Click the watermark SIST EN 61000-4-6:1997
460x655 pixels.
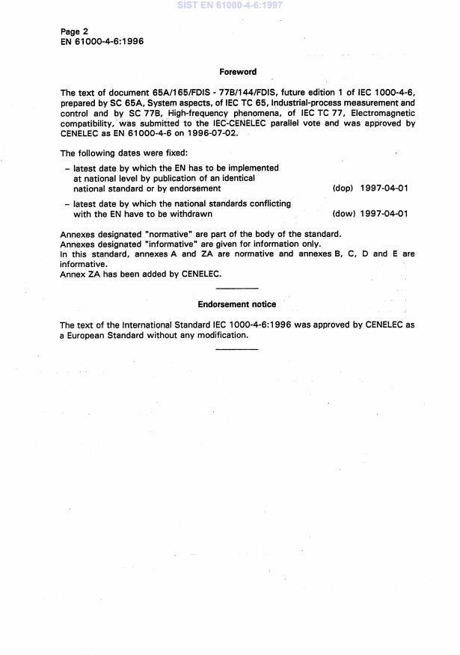point(230,5)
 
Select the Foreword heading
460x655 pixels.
point(237,73)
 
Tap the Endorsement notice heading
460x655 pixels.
point(236,304)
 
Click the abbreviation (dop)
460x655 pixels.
point(343,188)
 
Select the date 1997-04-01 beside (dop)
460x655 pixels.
point(384,188)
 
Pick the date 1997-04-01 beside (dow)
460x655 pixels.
point(384,214)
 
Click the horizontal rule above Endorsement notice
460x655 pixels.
point(236,288)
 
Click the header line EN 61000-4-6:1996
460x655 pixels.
point(102,41)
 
